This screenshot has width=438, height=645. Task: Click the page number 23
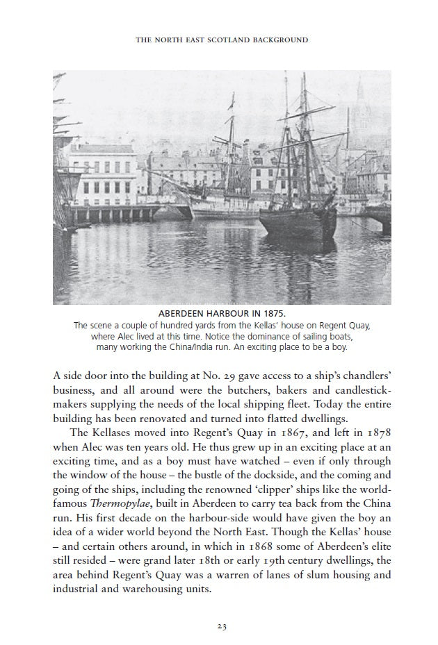(x=221, y=626)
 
